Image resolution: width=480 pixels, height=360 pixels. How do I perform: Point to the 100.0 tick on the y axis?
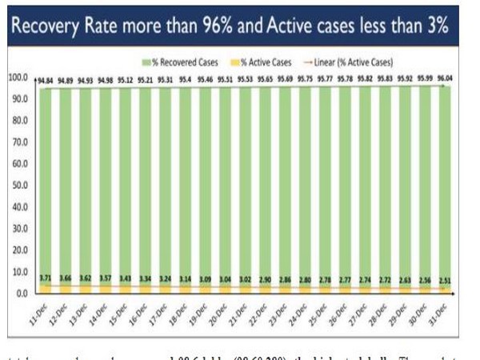[x=17, y=78]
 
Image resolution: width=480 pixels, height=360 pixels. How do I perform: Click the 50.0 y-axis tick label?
[x=18, y=186]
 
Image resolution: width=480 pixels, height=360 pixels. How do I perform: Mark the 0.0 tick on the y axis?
[x=21, y=293]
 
